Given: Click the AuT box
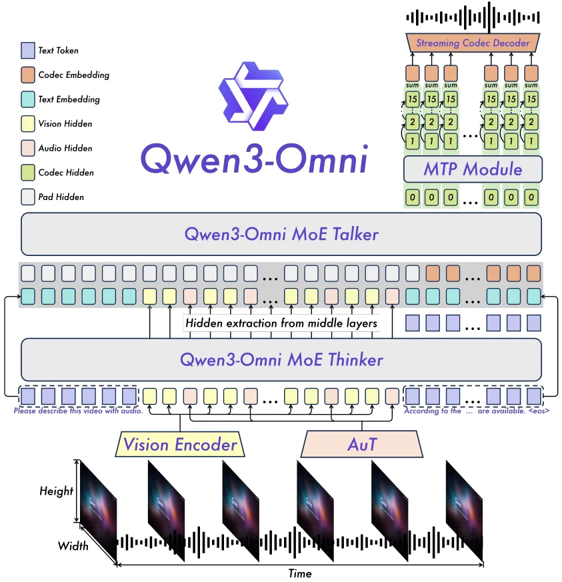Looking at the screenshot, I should [362, 444].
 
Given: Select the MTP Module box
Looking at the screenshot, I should [473, 169].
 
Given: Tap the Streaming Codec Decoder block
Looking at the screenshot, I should [473, 43].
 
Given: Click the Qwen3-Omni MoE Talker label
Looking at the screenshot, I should [281, 234].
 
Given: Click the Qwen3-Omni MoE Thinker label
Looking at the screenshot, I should [281, 360].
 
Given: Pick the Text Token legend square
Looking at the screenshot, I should [27, 51].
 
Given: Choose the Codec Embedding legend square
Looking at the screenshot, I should [27, 75].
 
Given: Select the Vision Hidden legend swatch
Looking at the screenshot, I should [27, 123].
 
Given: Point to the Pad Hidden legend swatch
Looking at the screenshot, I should [27, 197].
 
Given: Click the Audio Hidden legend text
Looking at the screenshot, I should [65, 148].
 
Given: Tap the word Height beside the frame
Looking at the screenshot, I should [56, 491].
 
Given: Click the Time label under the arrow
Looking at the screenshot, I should [299, 573].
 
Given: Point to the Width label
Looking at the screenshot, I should [73, 546].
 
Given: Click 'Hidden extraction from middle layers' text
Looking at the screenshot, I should [281, 323].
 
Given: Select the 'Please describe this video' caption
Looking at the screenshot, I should [78, 411].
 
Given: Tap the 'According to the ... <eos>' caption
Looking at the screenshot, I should [477, 411].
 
